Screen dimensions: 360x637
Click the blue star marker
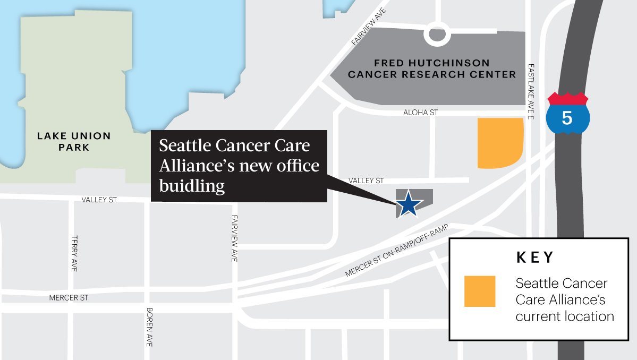pyautogui.click(x=409, y=204)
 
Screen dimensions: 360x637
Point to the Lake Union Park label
pyautogui.click(x=74, y=142)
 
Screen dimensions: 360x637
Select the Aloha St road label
pyautogui.click(x=420, y=113)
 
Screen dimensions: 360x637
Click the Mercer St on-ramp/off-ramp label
pyautogui.click(x=397, y=251)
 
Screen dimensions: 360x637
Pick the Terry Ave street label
pyautogui.click(x=74, y=254)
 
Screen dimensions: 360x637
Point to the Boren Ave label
pyautogui.click(x=150, y=327)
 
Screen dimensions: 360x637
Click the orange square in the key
pyautogui.click(x=479, y=291)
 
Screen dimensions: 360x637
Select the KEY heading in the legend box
pyautogui.click(x=535, y=258)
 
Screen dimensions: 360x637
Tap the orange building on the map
pyautogui.click(x=499, y=142)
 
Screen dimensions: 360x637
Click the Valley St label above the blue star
pyautogui.click(x=366, y=181)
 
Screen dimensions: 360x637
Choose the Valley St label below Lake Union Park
pyautogui.click(x=99, y=200)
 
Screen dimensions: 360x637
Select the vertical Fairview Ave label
pyautogui.click(x=234, y=237)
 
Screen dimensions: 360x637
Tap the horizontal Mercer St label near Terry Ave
pyautogui.click(x=69, y=298)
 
